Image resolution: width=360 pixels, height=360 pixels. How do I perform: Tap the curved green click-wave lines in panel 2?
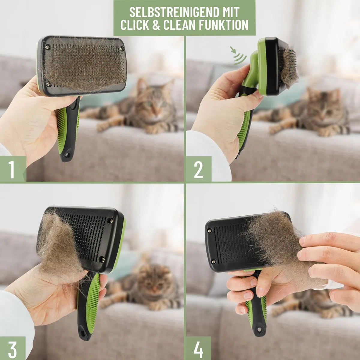pyautogui.click(x=240, y=58)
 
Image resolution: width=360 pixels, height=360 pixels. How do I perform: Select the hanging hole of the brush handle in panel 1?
pyautogui.click(x=67, y=155)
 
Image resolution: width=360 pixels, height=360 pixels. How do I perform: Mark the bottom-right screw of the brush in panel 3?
pyautogui.click(x=103, y=259)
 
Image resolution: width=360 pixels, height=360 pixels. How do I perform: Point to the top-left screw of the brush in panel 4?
pyautogui.click(x=209, y=231)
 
